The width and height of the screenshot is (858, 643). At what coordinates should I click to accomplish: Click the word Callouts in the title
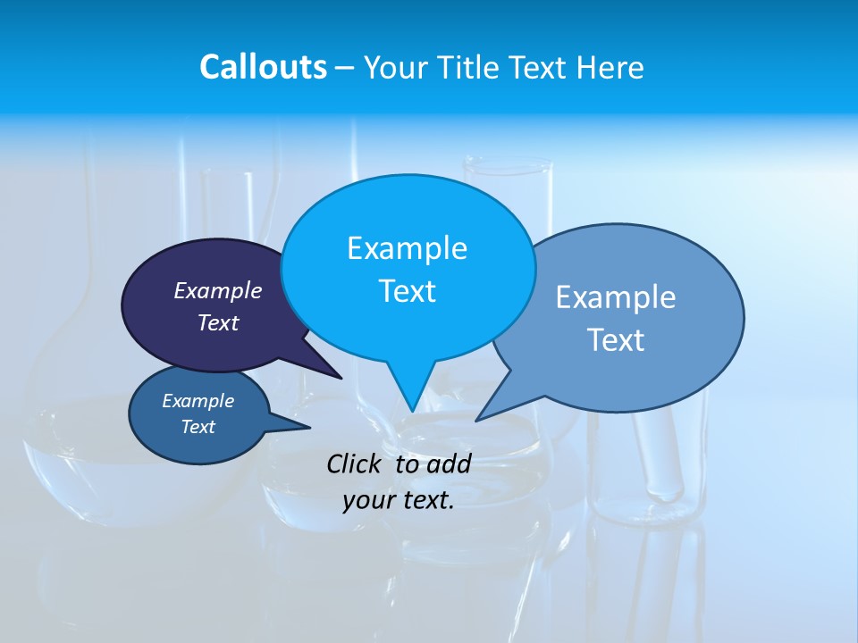pyautogui.click(x=263, y=67)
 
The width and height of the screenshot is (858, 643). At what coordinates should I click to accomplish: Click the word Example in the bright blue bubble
pyautogui.click(x=407, y=248)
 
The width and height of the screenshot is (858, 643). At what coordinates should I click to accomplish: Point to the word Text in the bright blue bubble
pyautogui.click(x=407, y=291)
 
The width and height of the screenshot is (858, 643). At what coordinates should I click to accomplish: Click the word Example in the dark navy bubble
pyautogui.click(x=217, y=290)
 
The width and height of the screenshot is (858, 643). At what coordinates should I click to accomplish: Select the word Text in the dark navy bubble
pyautogui.click(x=217, y=322)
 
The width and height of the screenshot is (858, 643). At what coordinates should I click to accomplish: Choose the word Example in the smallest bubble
pyautogui.click(x=198, y=401)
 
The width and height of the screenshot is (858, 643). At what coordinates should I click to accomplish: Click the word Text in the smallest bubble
pyautogui.click(x=198, y=427)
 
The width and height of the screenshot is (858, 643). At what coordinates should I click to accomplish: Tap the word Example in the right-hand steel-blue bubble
pyautogui.click(x=616, y=297)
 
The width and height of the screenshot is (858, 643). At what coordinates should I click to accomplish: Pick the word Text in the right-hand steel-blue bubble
pyautogui.click(x=616, y=340)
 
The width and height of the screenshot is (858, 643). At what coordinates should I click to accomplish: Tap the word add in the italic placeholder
pyautogui.click(x=448, y=463)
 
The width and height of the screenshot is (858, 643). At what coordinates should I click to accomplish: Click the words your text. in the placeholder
pyautogui.click(x=399, y=500)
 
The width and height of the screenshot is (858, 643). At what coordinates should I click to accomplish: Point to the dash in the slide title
pyautogui.click(x=345, y=67)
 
